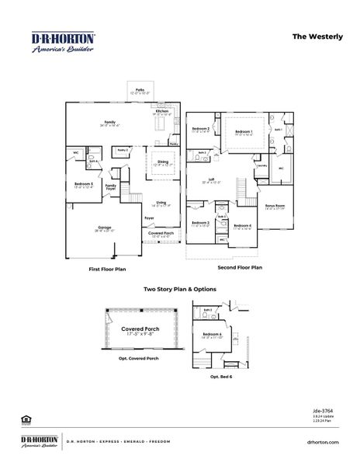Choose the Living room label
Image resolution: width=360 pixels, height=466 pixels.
pos(161,203)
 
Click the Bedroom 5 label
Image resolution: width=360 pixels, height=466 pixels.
pos(83,185)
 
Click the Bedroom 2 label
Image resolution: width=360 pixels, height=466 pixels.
pos(202,130)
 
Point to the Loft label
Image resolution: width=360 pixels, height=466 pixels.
pos(211,180)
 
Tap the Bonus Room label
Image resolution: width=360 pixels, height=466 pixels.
pos(275,207)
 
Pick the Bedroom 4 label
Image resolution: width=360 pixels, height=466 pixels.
pos(243,227)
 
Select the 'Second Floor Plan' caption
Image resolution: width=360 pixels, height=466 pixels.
pos(240,267)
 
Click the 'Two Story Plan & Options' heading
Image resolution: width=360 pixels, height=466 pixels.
pos(180,289)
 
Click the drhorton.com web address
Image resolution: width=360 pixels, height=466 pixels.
pos(323,442)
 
